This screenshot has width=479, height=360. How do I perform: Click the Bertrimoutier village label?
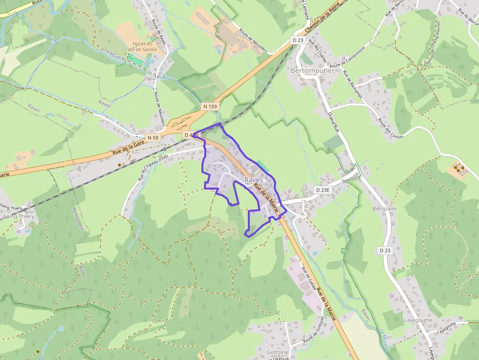[x=312, y=70]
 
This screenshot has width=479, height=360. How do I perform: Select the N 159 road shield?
[x=210, y=106]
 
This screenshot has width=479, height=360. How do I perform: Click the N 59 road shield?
[x=153, y=138]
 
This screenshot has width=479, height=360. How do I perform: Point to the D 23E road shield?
[x=323, y=190]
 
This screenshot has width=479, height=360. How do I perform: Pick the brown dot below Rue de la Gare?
[x=119, y=165]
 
